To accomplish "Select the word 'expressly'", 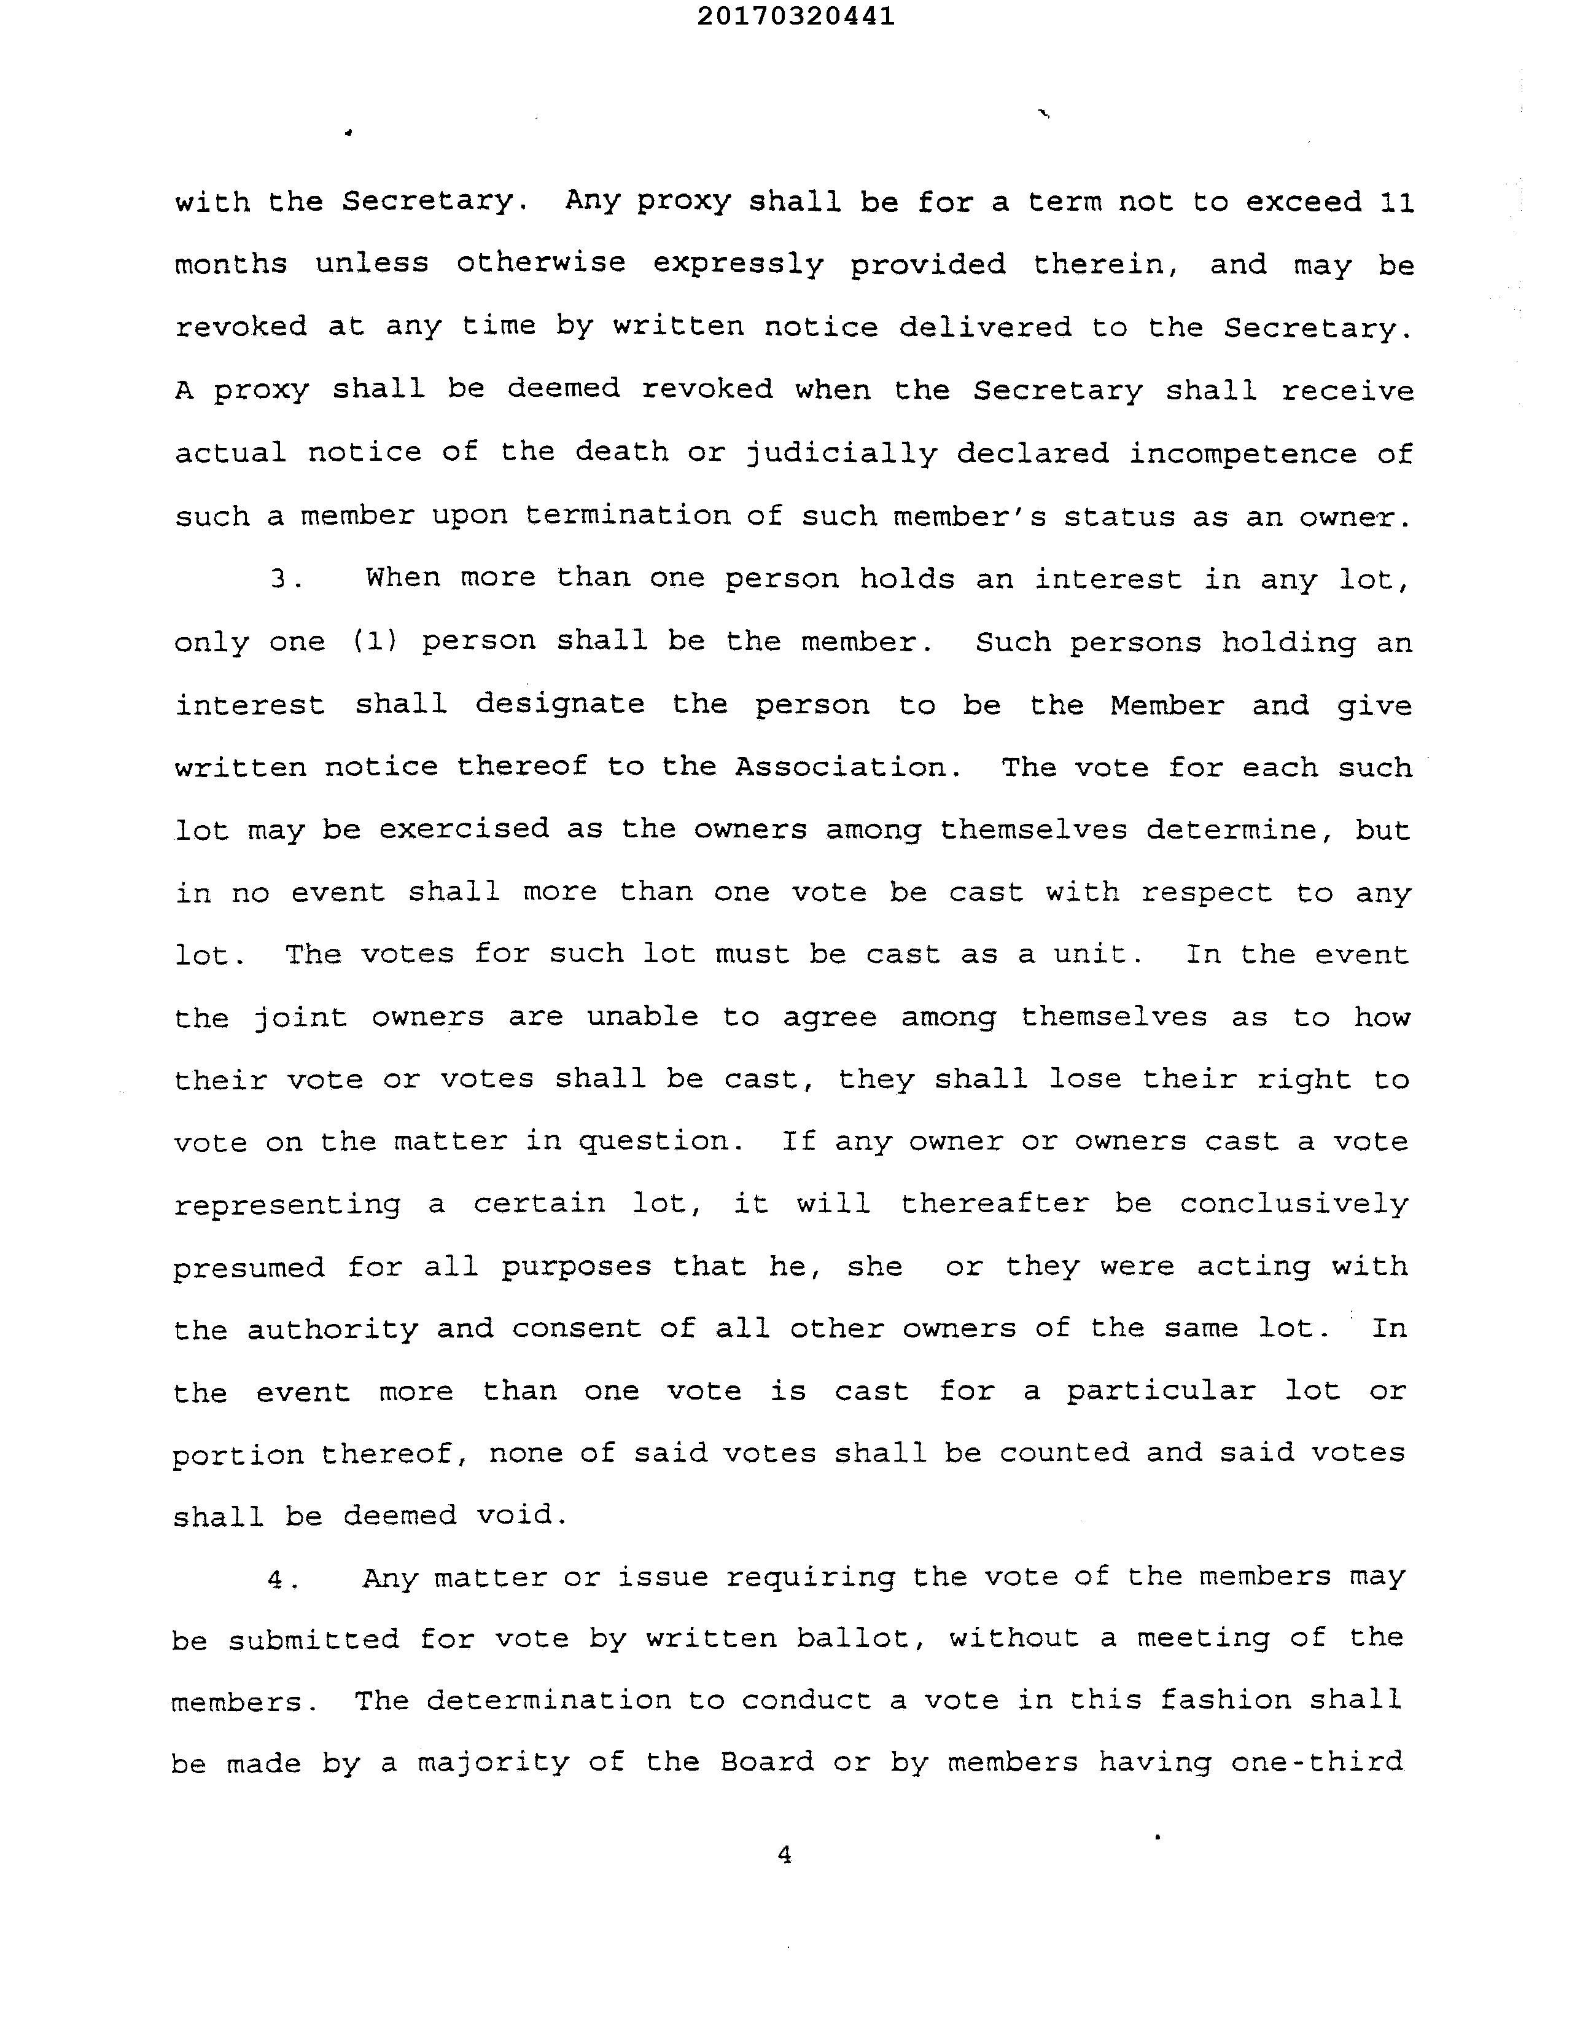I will (738, 265).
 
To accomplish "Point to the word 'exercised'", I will (464, 828).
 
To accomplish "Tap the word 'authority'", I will (332, 1330).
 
